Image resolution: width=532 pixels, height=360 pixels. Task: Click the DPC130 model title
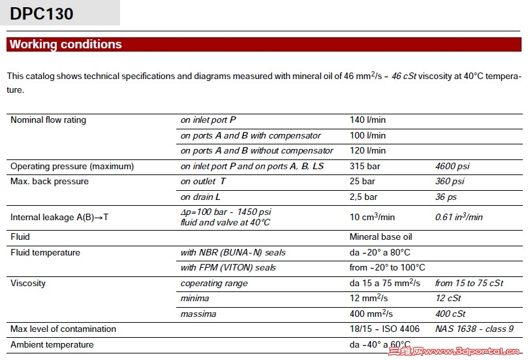(x=42, y=14)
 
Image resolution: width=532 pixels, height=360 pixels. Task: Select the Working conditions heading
(x=65, y=44)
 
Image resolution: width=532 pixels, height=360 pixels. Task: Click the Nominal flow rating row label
(x=48, y=120)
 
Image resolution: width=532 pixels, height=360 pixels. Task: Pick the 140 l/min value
(x=368, y=120)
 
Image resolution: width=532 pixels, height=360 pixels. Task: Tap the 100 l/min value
(x=368, y=136)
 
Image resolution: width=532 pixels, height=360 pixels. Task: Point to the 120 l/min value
(x=368, y=151)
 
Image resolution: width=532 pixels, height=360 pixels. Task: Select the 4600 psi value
(x=450, y=167)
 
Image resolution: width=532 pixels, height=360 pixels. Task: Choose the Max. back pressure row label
(x=50, y=182)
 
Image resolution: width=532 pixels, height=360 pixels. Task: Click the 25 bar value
(x=362, y=182)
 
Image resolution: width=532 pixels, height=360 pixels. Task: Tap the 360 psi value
(x=450, y=182)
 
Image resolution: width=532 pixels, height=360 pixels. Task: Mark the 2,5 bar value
(x=364, y=197)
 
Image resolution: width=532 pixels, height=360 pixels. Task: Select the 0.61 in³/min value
(x=459, y=218)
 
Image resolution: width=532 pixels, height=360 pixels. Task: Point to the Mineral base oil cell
(x=381, y=237)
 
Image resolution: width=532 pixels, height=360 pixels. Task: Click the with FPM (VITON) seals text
(x=228, y=268)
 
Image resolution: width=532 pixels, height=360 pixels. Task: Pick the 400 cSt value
(x=450, y=314)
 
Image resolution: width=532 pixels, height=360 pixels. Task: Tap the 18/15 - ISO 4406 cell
(x=384, y=329)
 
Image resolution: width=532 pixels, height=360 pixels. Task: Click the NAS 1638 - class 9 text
(x=475, y=329)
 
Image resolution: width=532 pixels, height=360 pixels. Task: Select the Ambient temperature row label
(x=52, y=345)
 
